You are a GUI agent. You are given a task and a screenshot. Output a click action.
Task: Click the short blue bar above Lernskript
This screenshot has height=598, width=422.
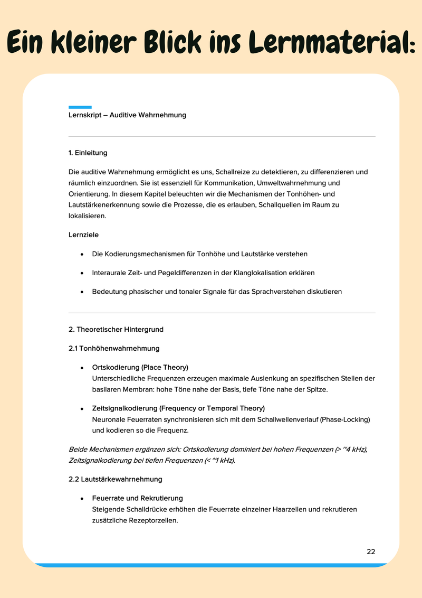click(x=80, y=107)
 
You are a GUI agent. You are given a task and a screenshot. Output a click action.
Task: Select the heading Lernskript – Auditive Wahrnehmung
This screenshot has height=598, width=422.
click(x=127, y=115)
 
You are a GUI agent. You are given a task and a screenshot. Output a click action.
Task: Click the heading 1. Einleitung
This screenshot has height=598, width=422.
click(x=88, y=153)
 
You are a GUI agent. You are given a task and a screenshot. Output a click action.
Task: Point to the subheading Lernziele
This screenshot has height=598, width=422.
click(x=83, y=235)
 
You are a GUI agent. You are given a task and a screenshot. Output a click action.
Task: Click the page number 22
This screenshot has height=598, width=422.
click(x=371, y=552)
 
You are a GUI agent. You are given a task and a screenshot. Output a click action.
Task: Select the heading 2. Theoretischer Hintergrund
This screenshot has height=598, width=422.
click(x=116, y=329)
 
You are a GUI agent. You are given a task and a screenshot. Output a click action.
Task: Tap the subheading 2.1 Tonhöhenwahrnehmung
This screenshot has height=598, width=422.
click(x=114, y=348)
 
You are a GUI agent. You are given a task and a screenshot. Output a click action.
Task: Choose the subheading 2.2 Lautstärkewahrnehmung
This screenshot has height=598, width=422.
click(x=116, y=479)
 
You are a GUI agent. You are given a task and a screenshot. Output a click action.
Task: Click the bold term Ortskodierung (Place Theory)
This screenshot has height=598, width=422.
click(x=140, y=367)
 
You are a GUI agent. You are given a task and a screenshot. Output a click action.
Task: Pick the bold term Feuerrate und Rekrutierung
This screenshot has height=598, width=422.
click(x=137, y=498)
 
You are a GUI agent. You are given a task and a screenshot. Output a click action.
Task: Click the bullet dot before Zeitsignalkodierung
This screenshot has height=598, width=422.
click(x=82, y=409)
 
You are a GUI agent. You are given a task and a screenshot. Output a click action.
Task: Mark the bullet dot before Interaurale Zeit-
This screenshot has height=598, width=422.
click(x=82, y=273)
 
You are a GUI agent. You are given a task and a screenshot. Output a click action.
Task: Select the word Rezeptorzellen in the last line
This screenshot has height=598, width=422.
click(x=154, y=520)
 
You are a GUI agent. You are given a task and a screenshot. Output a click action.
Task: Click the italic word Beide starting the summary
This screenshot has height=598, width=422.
click(x=78, y=449)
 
